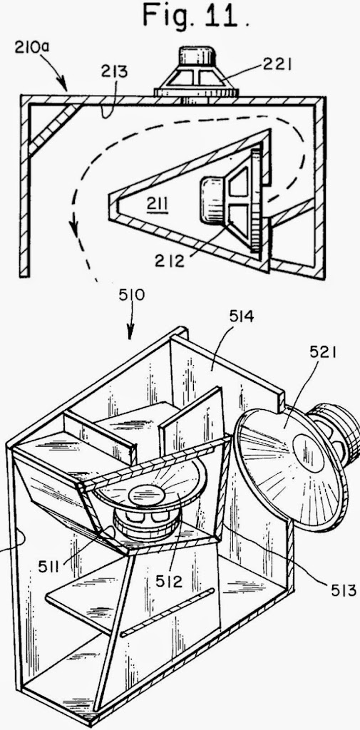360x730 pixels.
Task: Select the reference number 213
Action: (113, 73)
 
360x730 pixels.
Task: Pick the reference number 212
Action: (170, 260)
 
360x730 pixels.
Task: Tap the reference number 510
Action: (132, 294)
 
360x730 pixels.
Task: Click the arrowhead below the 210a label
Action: (63, 86)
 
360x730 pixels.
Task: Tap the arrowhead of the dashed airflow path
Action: (73, 227)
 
